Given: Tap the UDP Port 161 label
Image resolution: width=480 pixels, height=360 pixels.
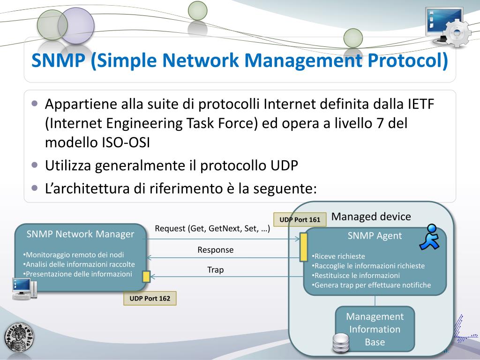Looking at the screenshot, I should pyautogui.click(x=300, y=219).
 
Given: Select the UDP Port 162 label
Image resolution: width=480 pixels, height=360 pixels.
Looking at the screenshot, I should pyautogui.click(x=150, y=299).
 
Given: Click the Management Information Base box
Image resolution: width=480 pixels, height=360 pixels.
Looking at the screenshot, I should pyautogui.click(x=375, y=329).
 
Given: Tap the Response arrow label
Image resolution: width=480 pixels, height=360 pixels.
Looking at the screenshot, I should pyautogui.click(x=215, y=250).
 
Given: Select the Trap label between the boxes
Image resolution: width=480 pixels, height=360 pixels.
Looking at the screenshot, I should pyautogui.click(x=215, y=270).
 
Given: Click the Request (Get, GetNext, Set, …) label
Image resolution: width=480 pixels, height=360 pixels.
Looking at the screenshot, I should pyautogui.click(x=212, y=229).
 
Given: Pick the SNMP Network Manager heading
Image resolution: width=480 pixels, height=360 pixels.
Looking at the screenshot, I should pyautogui.click(x=80, y=234).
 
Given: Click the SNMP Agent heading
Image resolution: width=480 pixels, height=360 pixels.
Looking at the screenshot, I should pyautogui.click(x=375, y=236).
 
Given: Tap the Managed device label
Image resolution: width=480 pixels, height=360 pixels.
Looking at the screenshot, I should pyautogui.click(x=371, y=217).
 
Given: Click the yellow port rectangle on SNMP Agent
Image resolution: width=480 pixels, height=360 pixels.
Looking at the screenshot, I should pyautogui.click(x=304, y=246).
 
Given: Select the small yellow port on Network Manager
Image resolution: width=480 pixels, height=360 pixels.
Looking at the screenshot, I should pyautogui.click(x=146, y=277).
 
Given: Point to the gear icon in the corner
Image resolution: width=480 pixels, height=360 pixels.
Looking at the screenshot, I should pyautogui.click(x=457, y=33).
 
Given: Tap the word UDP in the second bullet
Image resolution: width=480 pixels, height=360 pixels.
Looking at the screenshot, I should pyautogui.click(x=284, y=166).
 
